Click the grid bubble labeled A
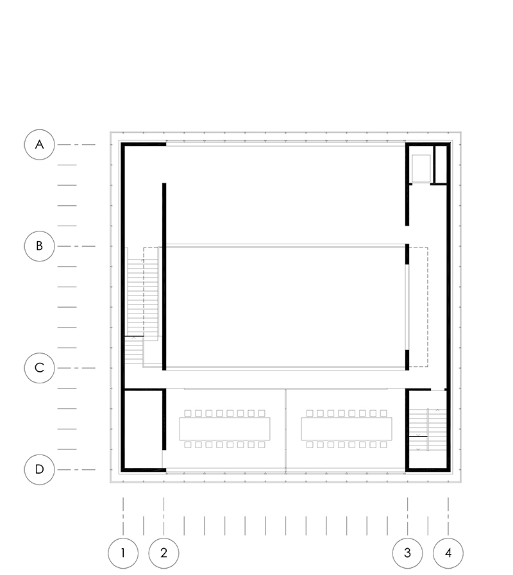click(x=39, y=144)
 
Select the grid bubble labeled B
click(x=39, y=246)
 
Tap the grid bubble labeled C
click(x=39, y=368)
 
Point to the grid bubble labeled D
click(x=39, y=469)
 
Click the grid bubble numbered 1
click(x=123, y=553)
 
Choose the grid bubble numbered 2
click(x=164, y=553)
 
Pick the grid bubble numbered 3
click(x=407, y=553)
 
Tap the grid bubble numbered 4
click(x=448, y=553)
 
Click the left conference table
click(x=224, y=429)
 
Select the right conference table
click(x=346, y=429)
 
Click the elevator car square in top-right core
click(x=421, y=169)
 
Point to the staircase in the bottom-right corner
click(x=428, y=429)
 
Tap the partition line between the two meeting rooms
click(x=285, y=429)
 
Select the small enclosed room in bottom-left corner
click(x=144, y=429)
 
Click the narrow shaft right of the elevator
click(x=441, y=165)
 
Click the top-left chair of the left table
click(x=188, y=413)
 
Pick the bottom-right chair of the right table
click(x=383, y=444)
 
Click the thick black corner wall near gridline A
click(x=123, y=144)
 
